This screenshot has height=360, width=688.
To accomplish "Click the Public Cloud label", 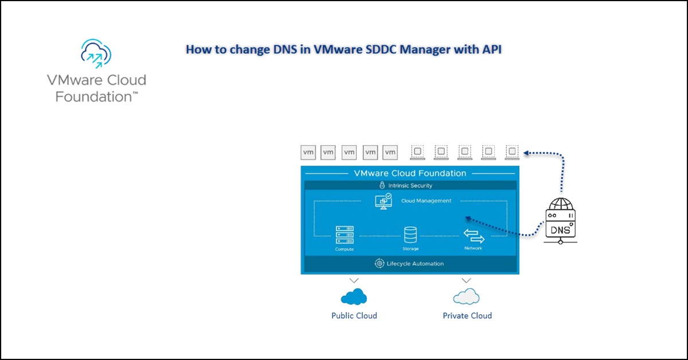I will click(354, 315).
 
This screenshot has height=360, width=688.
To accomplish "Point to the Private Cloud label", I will click(467, 315).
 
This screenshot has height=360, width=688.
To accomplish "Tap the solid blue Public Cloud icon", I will click(354, 296).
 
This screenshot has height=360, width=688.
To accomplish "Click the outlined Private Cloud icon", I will click(466, 296).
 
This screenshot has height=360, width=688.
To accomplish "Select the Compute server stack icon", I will click(345, 235).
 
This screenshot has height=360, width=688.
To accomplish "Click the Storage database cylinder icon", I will click(411, 234).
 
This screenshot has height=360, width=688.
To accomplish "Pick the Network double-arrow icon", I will click(474, 236).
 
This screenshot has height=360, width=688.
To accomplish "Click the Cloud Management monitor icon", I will click(382, 201).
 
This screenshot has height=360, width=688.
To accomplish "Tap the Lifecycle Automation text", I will click(415, 264).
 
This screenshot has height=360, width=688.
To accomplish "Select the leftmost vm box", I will click(308, 152).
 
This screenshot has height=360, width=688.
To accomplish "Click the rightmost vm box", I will click(390, 152).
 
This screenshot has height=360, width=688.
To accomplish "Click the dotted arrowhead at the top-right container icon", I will click(526, 153).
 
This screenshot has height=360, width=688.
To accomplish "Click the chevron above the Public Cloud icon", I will click(354, 281).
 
